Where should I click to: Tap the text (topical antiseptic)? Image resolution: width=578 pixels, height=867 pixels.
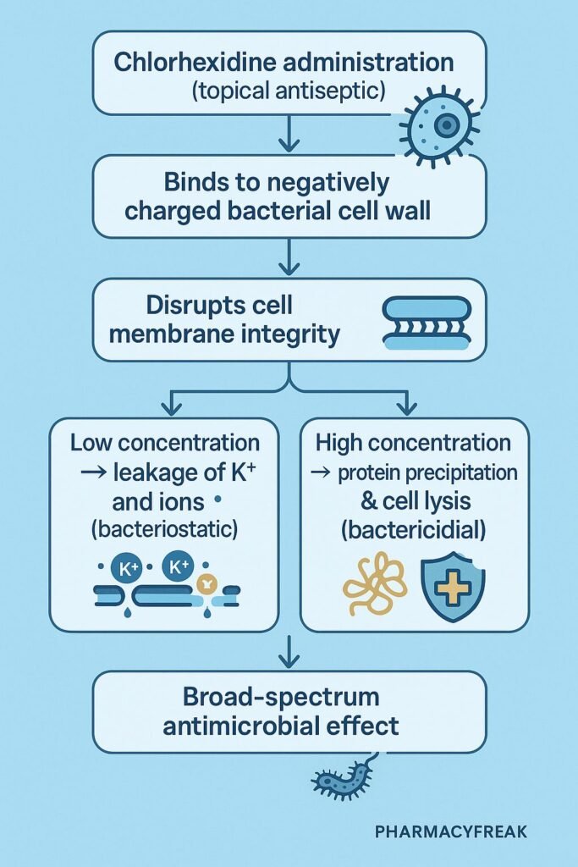(x=289, y=91)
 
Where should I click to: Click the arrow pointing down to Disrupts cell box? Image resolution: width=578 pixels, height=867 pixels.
(x=289, y=257)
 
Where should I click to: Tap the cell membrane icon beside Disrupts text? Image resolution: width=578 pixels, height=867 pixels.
(x=427, y=323)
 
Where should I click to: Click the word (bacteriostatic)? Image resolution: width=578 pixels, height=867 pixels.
(x=164, y=529)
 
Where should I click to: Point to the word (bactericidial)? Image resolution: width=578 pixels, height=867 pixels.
(x=413, y=530)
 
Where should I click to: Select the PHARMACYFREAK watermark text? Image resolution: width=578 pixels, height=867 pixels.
(x=451, y=831)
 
